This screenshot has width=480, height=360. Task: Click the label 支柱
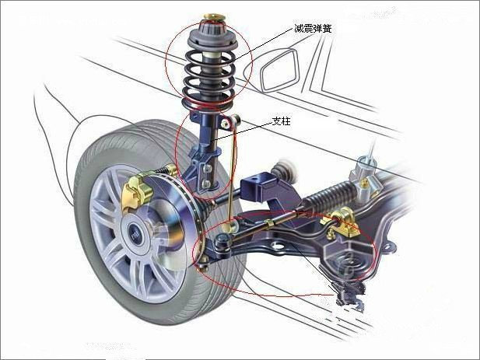[x=281, y=122]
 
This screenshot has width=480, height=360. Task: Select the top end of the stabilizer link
[x=233, y=119]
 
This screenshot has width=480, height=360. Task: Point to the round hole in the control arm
[x=276, y=247]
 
